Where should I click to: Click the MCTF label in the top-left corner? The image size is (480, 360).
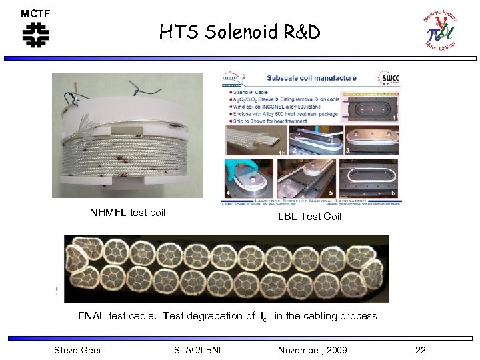tap(35, 13)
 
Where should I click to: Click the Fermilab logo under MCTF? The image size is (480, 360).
tap(35, 35)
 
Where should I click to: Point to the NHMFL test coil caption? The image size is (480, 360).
tap(127, 213)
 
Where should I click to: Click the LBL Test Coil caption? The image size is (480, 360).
tap(309, 216)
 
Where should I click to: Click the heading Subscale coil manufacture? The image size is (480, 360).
tap(311, 78)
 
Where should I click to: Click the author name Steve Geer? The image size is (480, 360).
tap(77, 350)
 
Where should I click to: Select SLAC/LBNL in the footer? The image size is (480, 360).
tap(199, 350)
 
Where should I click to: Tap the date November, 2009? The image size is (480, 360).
tap(312, 350)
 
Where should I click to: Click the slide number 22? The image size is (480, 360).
tap(420, 350)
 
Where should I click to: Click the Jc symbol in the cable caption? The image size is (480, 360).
tap(263, 317)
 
